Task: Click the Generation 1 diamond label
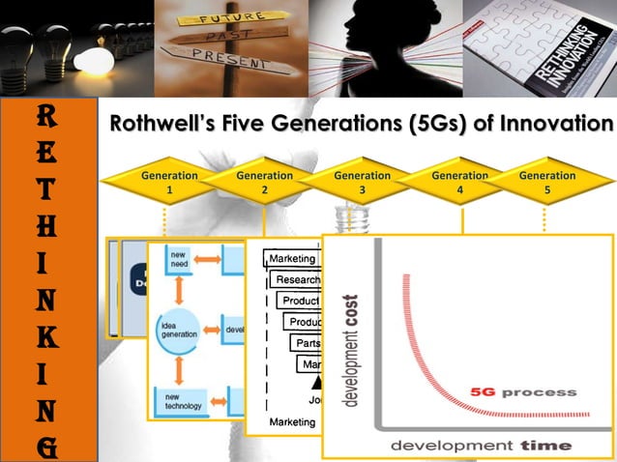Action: [169, 184]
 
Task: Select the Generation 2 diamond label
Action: [265, 184]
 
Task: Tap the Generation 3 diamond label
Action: [362, 184]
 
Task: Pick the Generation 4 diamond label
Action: [459, 184]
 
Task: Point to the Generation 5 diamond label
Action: [547, 184]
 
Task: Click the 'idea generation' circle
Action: [179, 328]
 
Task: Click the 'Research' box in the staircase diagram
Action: [297, 279]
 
